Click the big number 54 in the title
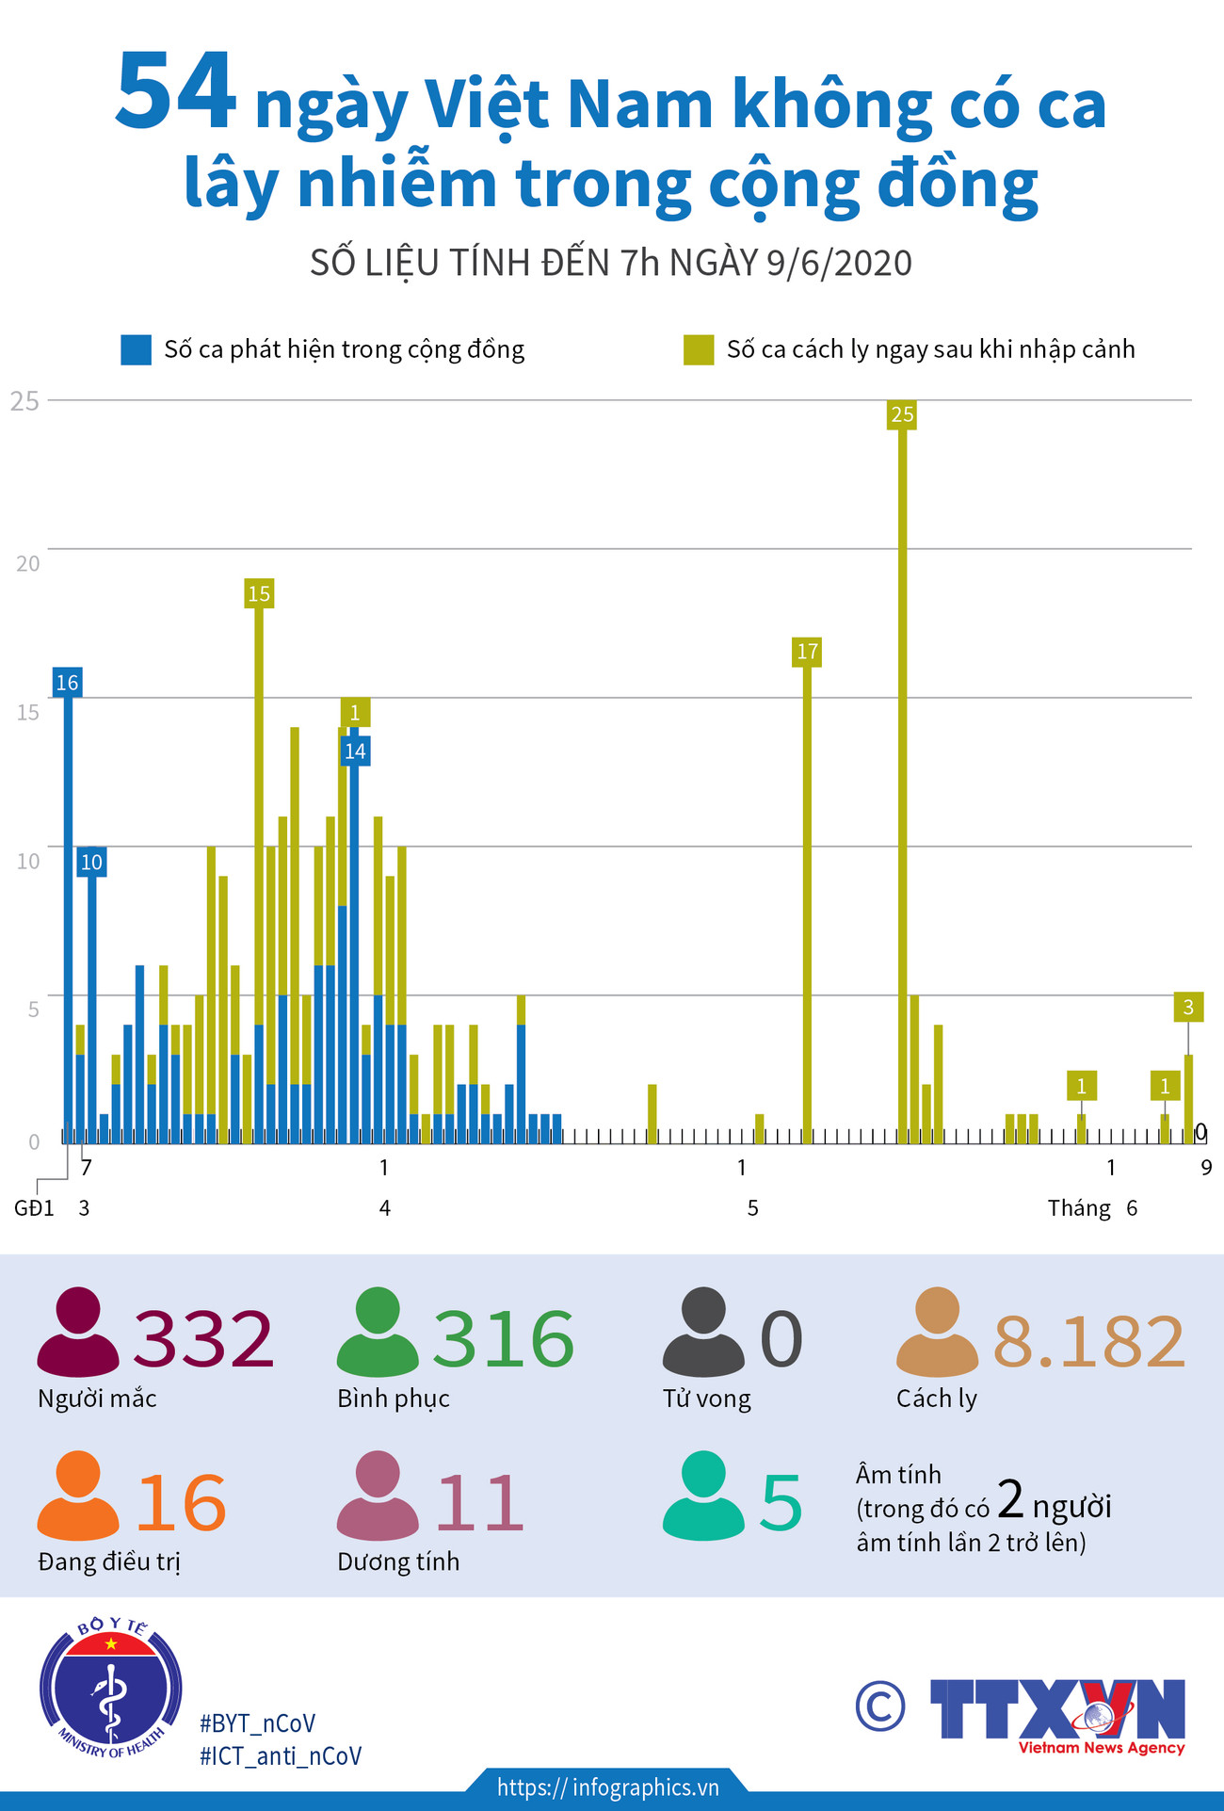click(x=175, y=92)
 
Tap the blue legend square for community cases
click(x=136, y=349)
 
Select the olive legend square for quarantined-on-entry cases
click(x=699, y=349)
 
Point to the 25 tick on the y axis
click(x=25, y=401)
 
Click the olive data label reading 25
click(x=901, y=414)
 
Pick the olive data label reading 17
click(x=807, y=652)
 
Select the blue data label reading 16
click(x=67, y=683)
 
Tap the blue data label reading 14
click(x=355, y=752)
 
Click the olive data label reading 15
click(x=259, y=593)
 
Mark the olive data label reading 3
click(x=1188, y=1007)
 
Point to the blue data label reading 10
click(x=91, y=862)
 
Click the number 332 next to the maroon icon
click(x=203, y=1339)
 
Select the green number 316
click(x=504, y=1339)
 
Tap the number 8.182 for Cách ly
click(x=1089, y=1341)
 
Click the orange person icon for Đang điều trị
click(x=78, y=1496)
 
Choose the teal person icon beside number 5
click(x=703, y=1496)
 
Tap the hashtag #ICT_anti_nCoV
click(x=281, y=1756)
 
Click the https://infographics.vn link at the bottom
click(x=608, y=1787)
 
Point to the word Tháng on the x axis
click(x=1079, y=1208)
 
